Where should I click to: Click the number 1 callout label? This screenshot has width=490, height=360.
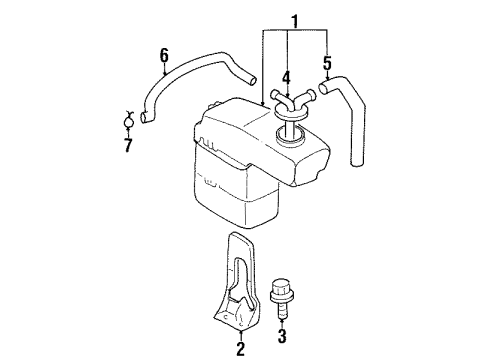(x=293, y=20)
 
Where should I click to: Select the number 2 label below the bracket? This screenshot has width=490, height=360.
(x=239, y=349)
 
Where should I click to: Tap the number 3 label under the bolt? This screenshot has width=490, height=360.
(x=282, y=336)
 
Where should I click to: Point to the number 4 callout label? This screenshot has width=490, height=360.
(x=286, y=77)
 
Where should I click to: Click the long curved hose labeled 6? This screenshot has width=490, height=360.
(x=190, y=79)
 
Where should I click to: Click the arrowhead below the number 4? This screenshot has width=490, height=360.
(x=286, y=93)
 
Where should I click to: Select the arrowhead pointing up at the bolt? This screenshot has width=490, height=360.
(x=282, y=318)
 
